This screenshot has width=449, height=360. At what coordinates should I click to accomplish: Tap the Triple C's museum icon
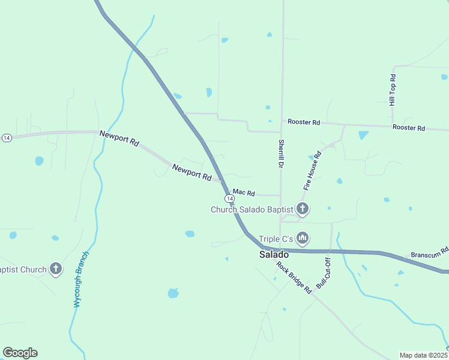coord(303,239)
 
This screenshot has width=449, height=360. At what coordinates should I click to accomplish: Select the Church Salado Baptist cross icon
coord(303,209)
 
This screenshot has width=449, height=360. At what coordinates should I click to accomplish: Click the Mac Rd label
coord(244,193)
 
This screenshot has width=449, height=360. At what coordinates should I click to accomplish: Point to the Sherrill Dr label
coord(280,154)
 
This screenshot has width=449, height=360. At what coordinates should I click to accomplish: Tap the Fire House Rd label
coord(312,171)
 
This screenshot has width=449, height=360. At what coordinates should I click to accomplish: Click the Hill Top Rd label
coord(393,90)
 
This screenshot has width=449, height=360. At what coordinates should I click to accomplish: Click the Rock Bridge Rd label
coord(294,277)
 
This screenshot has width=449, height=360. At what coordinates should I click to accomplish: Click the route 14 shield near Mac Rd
coord(229,198)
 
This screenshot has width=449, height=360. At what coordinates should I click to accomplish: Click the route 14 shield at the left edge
coord(7,137)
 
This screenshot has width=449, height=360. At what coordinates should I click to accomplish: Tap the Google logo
coord(20,353)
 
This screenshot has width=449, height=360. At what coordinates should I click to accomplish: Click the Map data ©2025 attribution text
coord(424,355)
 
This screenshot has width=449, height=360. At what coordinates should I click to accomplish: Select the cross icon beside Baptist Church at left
coord(56,269)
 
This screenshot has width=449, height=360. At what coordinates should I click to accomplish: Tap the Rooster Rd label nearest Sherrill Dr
coord(304,122)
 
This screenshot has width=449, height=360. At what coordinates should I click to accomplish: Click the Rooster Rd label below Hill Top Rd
coord(409,128)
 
